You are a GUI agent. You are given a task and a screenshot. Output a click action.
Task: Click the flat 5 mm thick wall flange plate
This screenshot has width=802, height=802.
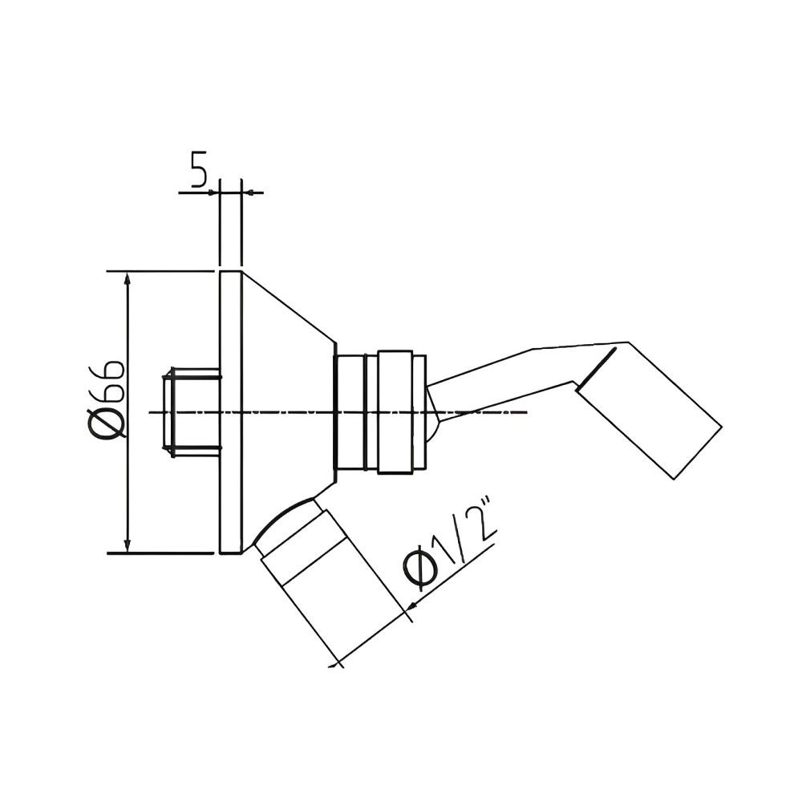click(x=229, y=412)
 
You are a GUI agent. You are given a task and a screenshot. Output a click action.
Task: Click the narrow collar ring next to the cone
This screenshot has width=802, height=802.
click(x=350, y=412)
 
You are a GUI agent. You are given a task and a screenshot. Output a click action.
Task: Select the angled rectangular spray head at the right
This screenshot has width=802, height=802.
click(x=650, y=409)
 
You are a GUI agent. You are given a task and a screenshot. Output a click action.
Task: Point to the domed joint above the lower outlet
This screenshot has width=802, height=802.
click(x=285, y=521)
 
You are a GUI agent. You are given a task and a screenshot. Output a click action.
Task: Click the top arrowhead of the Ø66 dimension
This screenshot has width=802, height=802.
click(x=127, y=277)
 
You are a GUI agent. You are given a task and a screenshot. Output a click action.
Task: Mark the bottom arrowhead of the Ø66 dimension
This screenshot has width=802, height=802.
click(x=127, y=547)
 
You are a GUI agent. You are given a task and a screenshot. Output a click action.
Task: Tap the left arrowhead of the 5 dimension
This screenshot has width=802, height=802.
click(x=213, y=192)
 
